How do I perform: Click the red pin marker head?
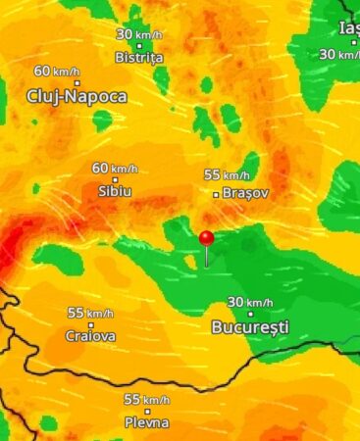pos(206,237)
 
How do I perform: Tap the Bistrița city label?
pos(139,58)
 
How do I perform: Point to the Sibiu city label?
pos(115,192)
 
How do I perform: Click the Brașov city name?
pos(245,193)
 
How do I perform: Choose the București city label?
pos(250,326)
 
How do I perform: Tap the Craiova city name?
pos(90,336)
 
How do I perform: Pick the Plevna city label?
pos(147,422)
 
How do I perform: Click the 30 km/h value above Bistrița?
pos(138,34)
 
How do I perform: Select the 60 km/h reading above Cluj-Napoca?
pos(57,72)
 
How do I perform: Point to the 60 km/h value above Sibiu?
pos(115,168)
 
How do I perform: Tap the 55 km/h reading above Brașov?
pos(227,174)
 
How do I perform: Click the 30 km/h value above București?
pos(249,302)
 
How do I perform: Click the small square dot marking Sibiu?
pos(115,179)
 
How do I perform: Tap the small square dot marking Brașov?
pos(217,194)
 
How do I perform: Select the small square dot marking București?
pos(250,314)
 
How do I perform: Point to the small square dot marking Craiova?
pos(90,324)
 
